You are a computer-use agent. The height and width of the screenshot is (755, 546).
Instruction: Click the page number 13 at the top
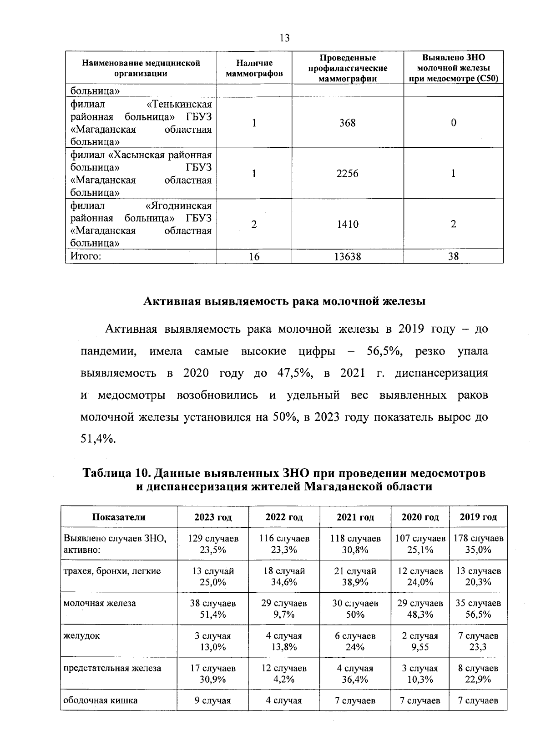pyautogui.click(x=285, y=38)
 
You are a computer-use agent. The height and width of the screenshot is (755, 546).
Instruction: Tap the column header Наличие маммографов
pyautogui.click(x=254, y=68)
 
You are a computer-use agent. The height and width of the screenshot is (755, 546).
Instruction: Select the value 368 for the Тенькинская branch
pyautogui.click(x=347, y=123)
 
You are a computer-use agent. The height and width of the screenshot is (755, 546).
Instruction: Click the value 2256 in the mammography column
pyautogui.click(x=347, y=174)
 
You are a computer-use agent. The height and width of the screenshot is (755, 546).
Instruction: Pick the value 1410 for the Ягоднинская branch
pyautogui.click(x=347, y=224)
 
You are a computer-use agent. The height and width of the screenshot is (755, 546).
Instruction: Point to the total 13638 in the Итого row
pyautogui.click(x=347, y=257)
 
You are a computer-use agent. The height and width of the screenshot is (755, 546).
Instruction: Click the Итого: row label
pyautogui.click(x=85, y=256)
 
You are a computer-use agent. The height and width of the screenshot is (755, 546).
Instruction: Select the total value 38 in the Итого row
pyautogui.click(x=453, y=257)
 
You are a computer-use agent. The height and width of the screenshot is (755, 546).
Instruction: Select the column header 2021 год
pyautogui.click(x=355, y=517)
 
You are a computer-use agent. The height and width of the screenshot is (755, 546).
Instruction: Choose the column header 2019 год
pyautogui.click(x=478, y=517)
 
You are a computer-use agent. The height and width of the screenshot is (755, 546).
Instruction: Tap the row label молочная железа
pyautogui.click(x=100, y=603)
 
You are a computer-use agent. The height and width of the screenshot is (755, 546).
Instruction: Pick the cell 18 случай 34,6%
pyautogui.click(x=284, y=576)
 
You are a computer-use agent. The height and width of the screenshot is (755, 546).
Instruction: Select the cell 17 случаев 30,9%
pyautogui.click(x=213, y=674)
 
